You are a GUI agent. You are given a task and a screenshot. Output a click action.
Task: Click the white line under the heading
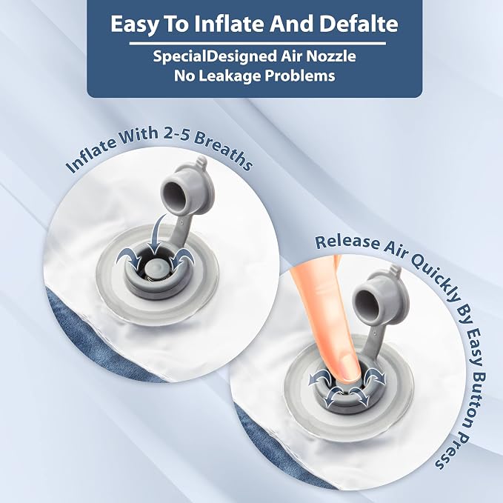[x=257, y=43]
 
